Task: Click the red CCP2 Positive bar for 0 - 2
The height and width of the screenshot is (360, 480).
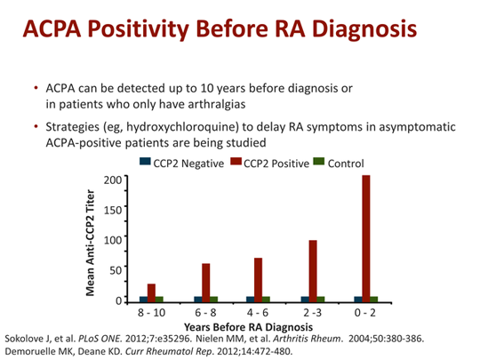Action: pos(365,238)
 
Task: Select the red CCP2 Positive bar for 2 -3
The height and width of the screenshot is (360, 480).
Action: pos(312,270)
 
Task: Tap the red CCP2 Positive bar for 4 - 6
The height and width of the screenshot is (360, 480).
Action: pos(259,279)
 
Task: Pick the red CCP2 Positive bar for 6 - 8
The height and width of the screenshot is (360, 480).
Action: pos(205,282)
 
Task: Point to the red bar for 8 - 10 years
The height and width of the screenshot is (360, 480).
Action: pos(152,292)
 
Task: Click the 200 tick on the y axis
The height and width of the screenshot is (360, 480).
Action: pos(110,180)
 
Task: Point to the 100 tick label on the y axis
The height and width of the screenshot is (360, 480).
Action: pos(110,240)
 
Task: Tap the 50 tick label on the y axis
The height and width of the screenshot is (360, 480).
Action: pos(113,270)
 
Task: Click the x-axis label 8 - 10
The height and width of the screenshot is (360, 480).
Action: pos(152,313)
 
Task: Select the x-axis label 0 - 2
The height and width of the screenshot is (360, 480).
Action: pos(365,313)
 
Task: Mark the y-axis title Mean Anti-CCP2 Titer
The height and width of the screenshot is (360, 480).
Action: pos(92,239)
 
